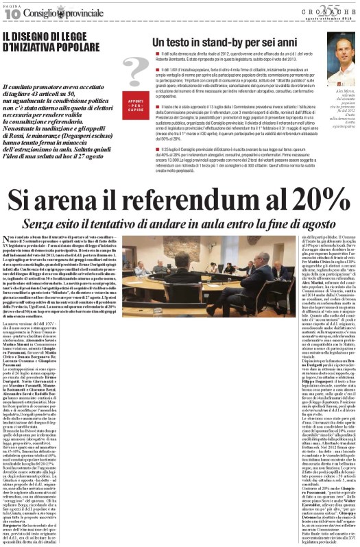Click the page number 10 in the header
click(12, 13)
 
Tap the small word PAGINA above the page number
click(12, 5)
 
